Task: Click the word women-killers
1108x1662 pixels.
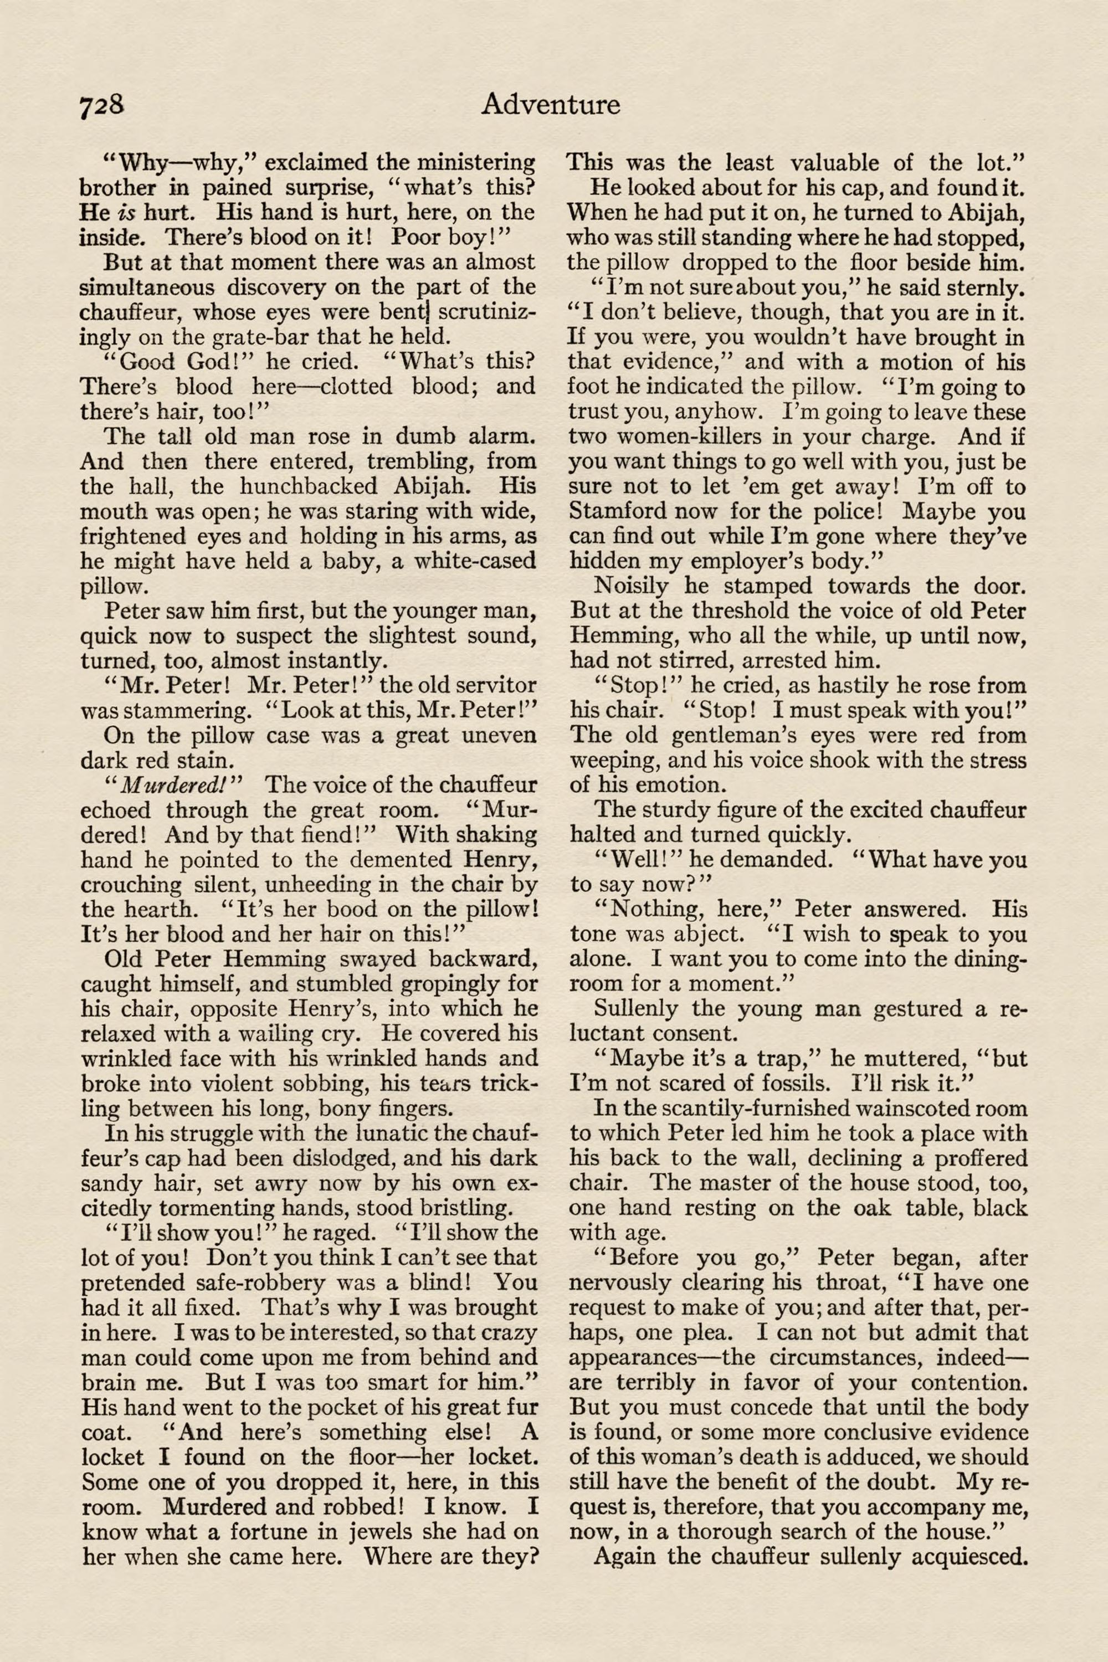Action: click(662, 436)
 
